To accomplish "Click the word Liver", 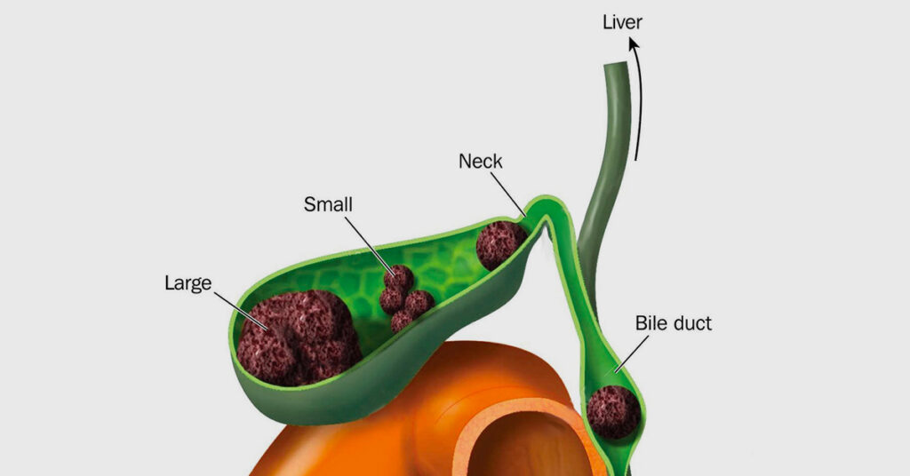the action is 622,22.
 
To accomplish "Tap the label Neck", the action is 480,161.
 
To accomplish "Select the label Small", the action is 328,204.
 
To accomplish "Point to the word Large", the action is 188,283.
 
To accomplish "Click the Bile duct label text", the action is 674,323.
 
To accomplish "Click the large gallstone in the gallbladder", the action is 299,338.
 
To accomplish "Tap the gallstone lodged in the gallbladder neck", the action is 501,245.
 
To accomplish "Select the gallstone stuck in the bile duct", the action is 613,412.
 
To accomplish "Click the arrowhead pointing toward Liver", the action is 635,45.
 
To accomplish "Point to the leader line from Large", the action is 240,311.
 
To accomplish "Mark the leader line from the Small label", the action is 371,246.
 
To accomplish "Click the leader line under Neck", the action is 507,194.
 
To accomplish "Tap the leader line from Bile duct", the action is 632,353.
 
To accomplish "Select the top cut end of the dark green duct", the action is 616,65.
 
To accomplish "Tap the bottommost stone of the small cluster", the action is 402,321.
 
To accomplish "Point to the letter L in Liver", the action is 607,22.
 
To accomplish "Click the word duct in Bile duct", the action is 691,323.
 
